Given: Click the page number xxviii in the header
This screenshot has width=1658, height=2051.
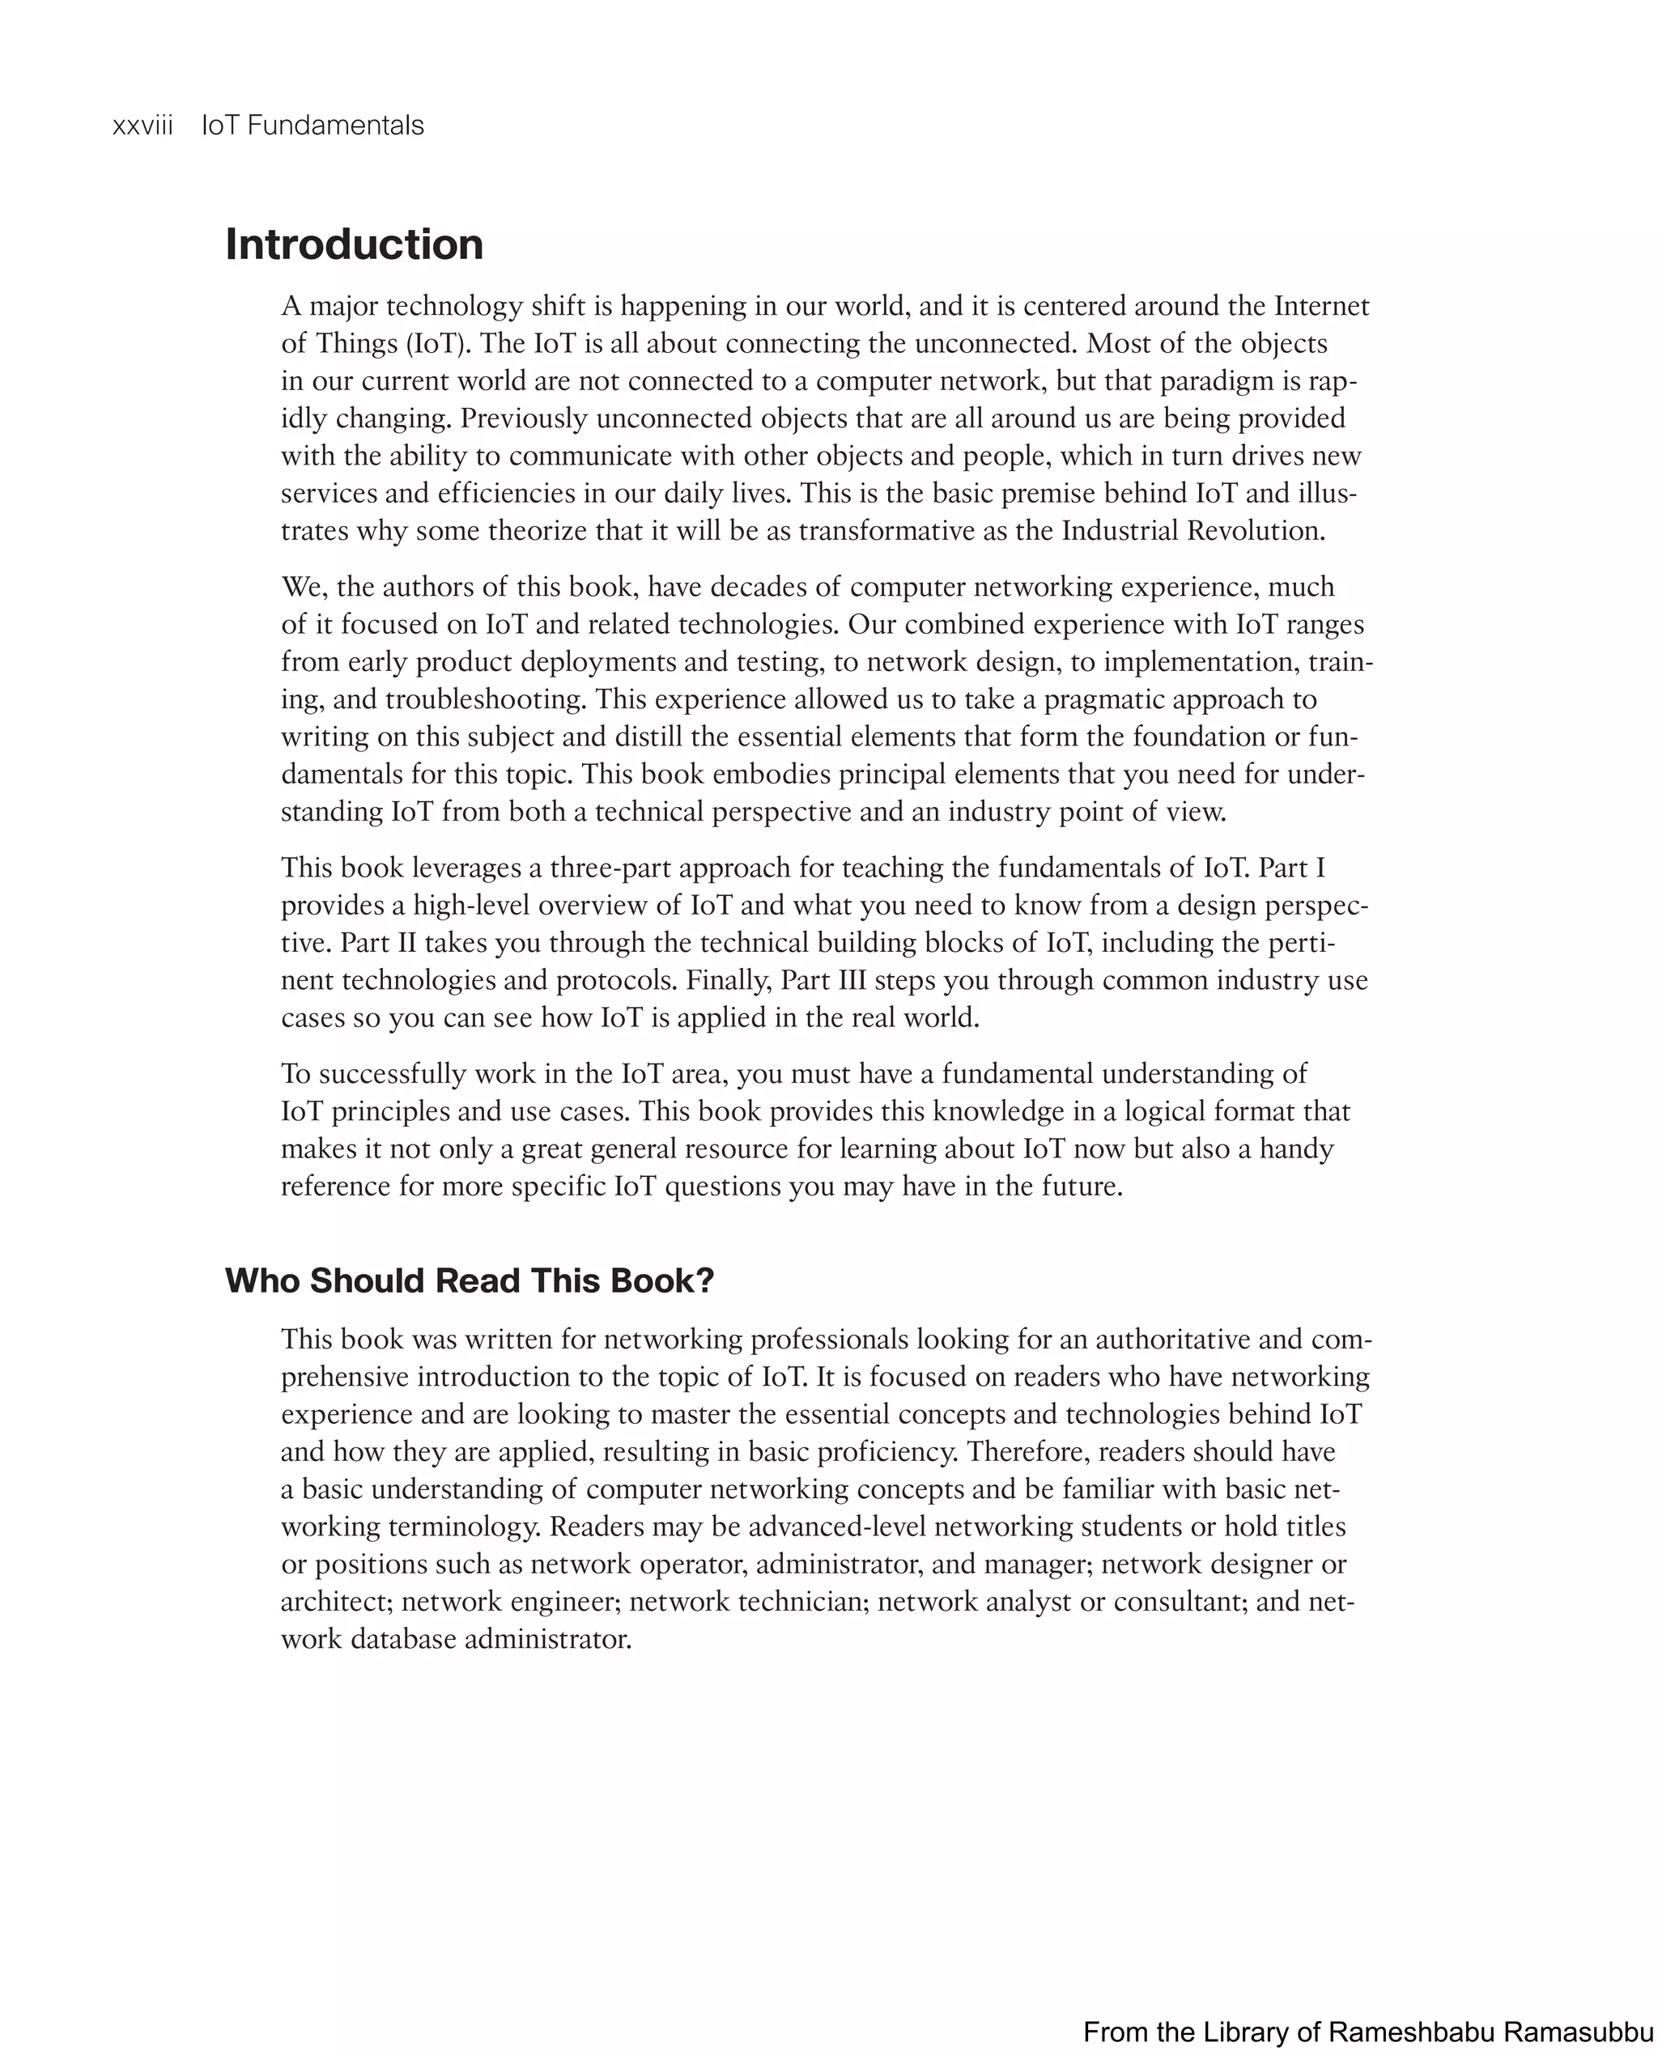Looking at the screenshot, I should pyautogui.click(x=142, y=126).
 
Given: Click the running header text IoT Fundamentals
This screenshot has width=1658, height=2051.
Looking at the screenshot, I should pyautogui.click(x=312, y=126).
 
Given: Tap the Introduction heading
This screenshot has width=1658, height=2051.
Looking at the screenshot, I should pyautogui.click(x=355, y=244).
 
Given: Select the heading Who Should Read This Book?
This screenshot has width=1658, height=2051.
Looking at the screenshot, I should pyautogui.click(x=469, y=1280).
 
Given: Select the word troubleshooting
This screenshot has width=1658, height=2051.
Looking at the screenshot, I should pyautogui.click(x=485, y=700).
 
